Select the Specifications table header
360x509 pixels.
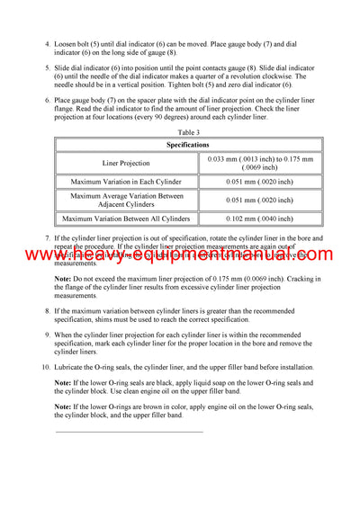coord(187,144)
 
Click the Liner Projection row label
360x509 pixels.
coord(127,163)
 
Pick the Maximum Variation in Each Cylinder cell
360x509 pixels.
coord(127,182)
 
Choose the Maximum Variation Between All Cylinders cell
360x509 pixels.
coord(127,218)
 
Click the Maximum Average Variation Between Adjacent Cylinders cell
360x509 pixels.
coord(127,200)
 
